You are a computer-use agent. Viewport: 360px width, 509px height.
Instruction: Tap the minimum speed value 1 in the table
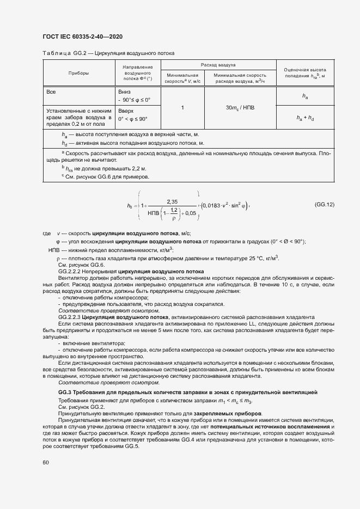(x=182, y=108)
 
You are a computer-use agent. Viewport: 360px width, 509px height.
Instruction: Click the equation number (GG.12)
(x=324, y=204)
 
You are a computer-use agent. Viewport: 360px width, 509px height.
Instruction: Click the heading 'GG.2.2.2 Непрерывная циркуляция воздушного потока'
(x=131, y=271)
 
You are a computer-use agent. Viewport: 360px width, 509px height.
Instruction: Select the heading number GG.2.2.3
(x=69, y=316)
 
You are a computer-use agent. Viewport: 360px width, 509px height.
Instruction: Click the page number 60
(x=45, y=463)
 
